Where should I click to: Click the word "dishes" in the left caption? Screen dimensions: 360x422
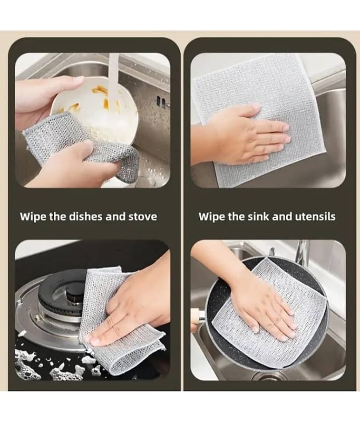(x=86, y=216)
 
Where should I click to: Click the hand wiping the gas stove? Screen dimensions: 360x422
(x=132, y=307)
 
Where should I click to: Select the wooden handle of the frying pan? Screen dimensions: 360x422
(x=197, y=317)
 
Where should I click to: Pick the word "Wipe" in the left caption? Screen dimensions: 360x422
(x=33, y=217)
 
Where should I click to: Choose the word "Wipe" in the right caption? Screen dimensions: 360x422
(x=211, y=217)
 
